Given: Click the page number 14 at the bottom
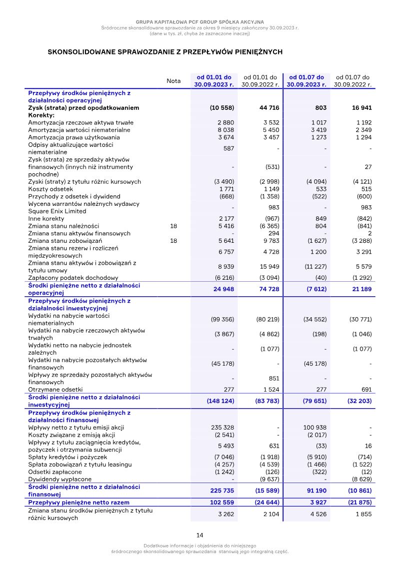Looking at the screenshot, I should (x=199, y=535).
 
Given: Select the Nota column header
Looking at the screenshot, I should (x=173, y=81).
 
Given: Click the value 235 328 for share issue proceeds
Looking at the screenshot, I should (x=222, y=427).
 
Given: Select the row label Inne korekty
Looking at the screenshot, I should (x=46, y=218).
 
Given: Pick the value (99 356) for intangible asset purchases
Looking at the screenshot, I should (x=222, y=319).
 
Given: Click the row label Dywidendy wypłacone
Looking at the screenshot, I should (x=59, y=479).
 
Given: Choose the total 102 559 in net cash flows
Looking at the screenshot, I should (x=219, y=502).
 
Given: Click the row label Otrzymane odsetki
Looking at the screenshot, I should (x=55, y=389).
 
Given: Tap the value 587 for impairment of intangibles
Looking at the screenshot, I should (x=228, y=148).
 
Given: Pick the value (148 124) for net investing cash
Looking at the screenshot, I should (x=220, y=401).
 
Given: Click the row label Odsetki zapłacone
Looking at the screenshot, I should (x=55, y=472).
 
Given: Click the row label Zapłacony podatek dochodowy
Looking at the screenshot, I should (x=73, y=277).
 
